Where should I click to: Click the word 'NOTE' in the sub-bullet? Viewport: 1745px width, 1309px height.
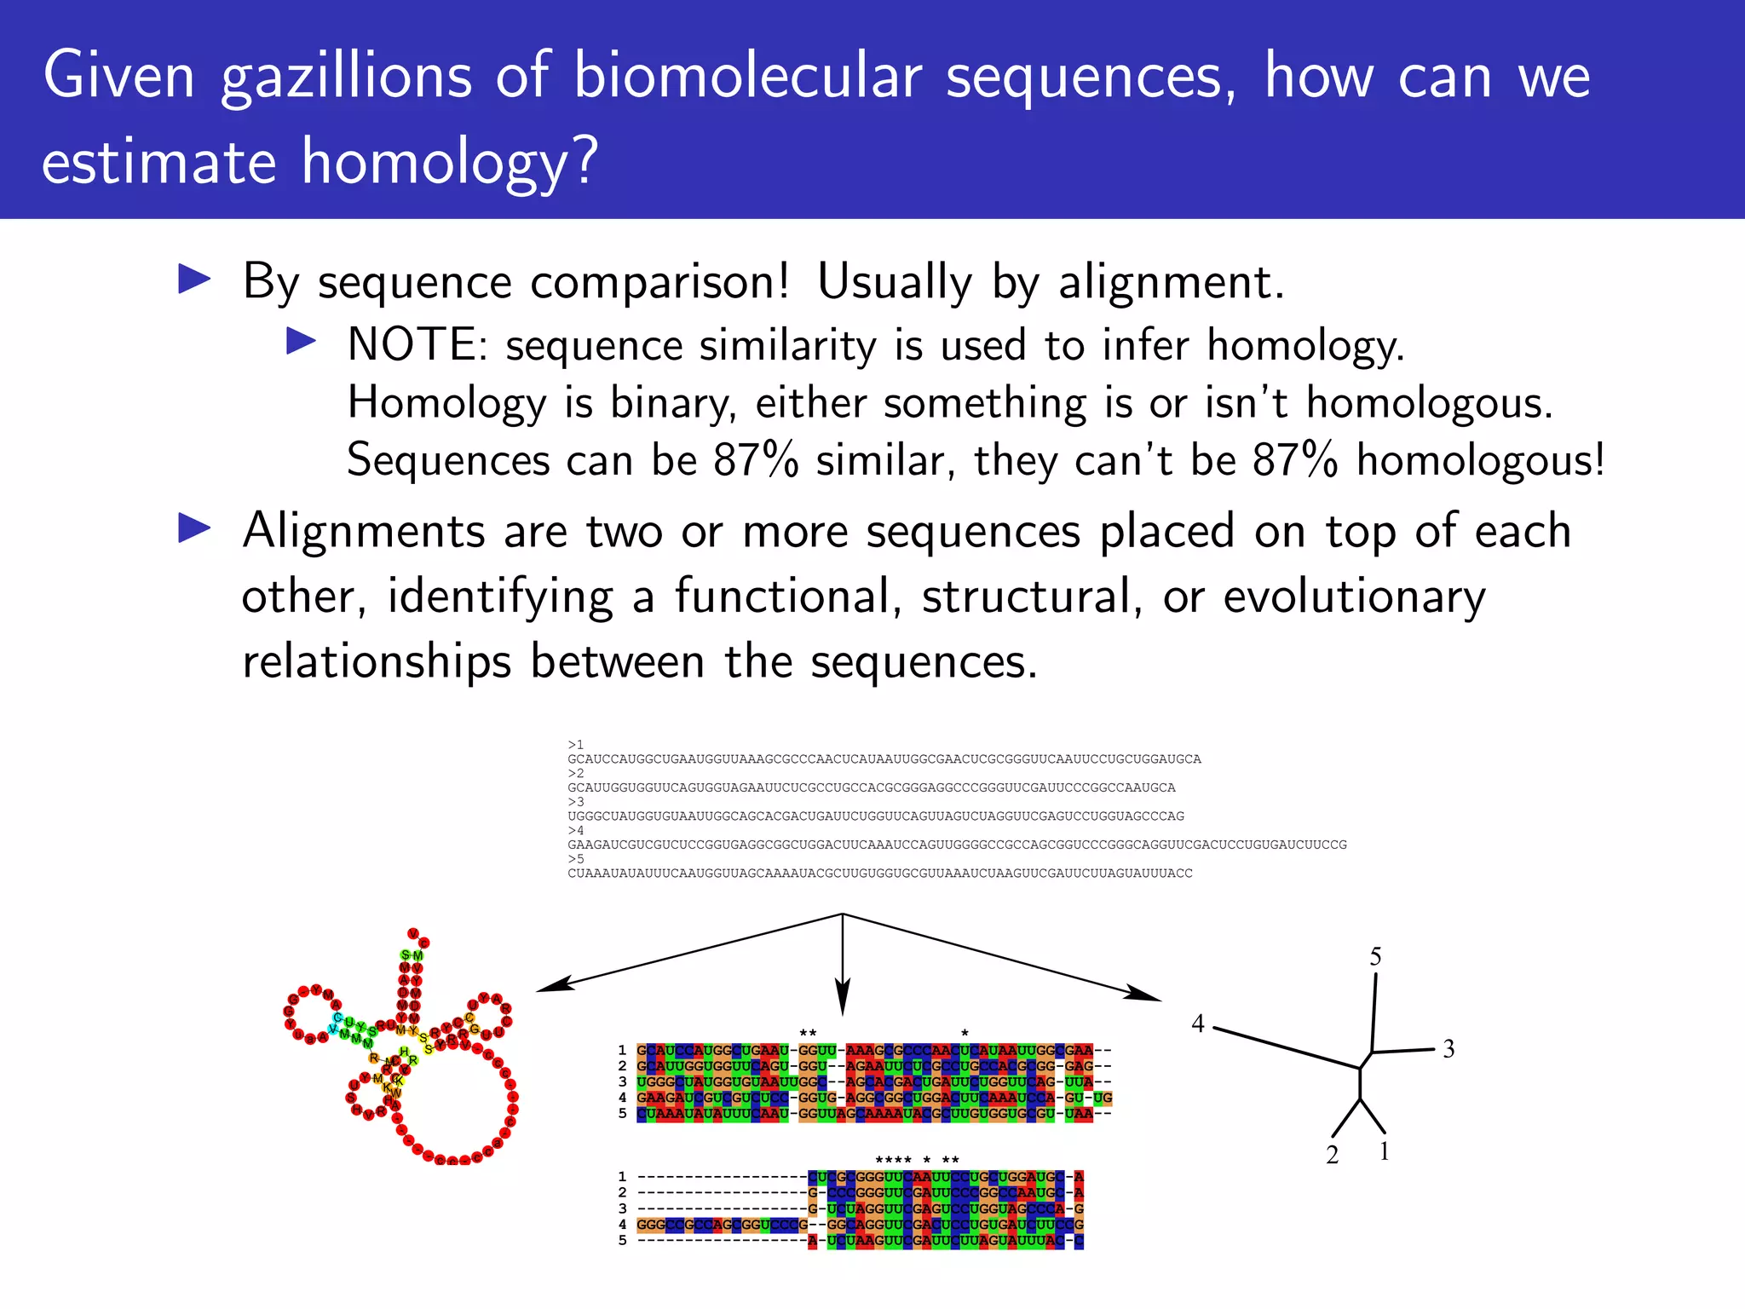pyautogui.click(x=412, y=345)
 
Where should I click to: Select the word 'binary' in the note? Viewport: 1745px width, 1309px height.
pyautogui.click(x=673, y=403)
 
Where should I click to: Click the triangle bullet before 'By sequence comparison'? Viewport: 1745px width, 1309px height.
pyautogui.click(x=194, y=280)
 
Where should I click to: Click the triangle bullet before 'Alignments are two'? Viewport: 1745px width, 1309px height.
pyautogui.click(x=194, y=528)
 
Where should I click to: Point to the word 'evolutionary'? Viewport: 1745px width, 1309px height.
pyautogui.click(x=1354, y=597)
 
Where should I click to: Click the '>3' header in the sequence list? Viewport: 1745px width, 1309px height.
pyautogui.click(x=576, y=802)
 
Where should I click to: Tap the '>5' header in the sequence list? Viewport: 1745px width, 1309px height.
pyautogui.click(x=576, y=859)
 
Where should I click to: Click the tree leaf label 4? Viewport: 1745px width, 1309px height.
pyautogui.click(x=1198, y=1024)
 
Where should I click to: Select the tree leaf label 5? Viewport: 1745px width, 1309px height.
pyautogui.click(x=1375, y=957)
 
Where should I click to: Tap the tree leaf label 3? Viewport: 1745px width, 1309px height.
pyautogui.click(x=1448, y=1049)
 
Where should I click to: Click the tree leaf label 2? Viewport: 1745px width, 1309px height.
pyautogui.click(x=1333, y=1155)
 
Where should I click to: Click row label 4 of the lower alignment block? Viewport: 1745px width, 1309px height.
pyautogui.click(x=623, y=1225)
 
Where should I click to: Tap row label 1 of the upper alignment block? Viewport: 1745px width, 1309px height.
pyautogui.click(x=623, y=1050)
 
